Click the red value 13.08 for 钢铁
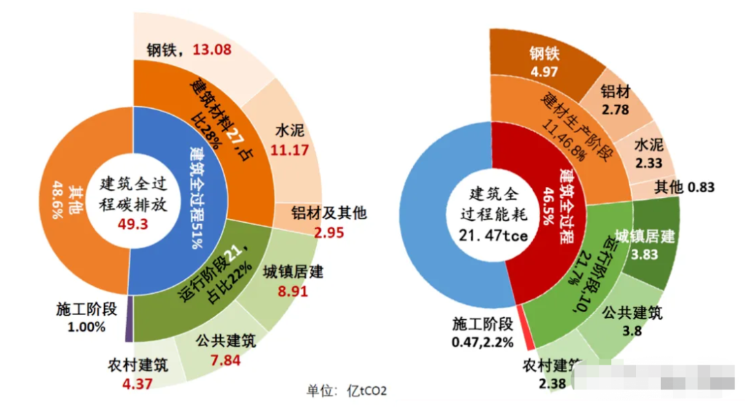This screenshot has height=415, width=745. point(212,50)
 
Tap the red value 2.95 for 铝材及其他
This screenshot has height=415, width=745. point(328,232)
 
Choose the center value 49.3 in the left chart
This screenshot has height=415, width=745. point(130,223)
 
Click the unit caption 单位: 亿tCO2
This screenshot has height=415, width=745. point(347,392)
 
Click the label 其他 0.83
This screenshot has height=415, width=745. point(684,187)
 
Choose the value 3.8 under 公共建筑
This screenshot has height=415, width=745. point(632,330)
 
